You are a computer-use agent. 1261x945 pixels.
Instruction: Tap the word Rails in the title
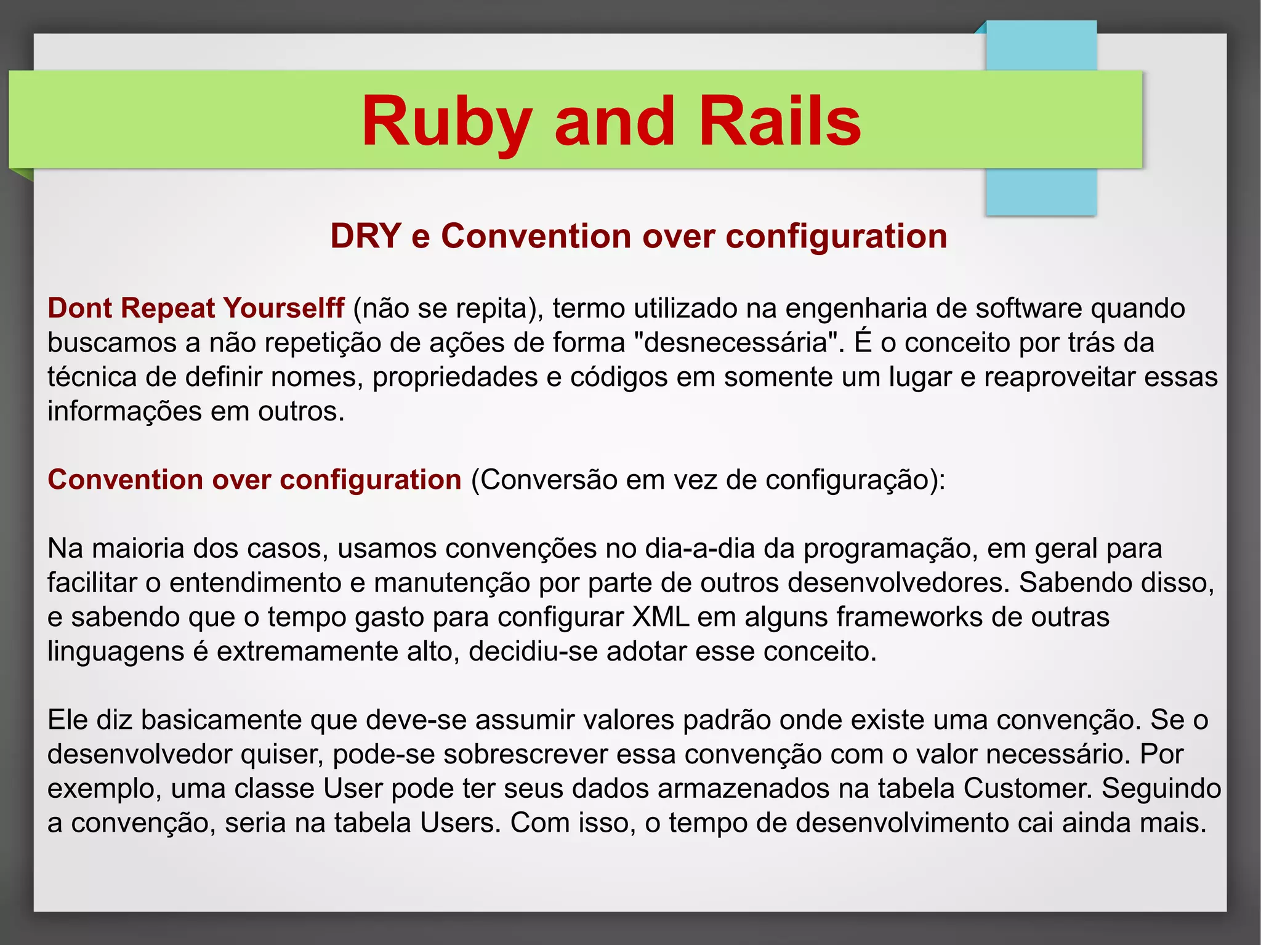tap(780, 122)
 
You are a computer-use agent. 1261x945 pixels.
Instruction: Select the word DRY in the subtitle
tap(365, 236)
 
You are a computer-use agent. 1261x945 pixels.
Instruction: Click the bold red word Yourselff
tap(283, 308)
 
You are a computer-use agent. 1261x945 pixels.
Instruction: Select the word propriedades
tap(455, 377)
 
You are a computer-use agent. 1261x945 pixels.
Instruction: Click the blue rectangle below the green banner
tap(1041, 191)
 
